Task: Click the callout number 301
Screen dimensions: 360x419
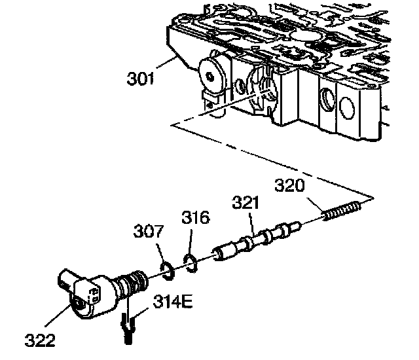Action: [140, 80]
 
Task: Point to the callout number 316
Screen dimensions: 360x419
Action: [196, 217]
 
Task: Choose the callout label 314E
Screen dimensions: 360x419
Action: [172, 303]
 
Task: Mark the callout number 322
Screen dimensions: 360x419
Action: [41, 340]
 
